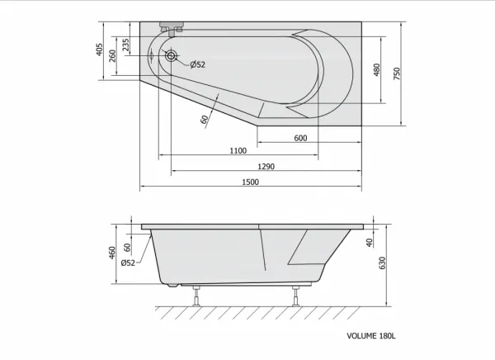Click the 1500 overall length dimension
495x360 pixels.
[250, 182]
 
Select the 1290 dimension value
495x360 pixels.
[266, 167]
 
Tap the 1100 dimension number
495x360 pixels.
[238, 151]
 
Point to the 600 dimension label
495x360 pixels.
[300, 138]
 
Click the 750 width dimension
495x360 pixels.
[397, 73]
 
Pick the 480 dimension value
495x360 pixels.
[377, 70]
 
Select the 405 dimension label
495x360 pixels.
[100, 50]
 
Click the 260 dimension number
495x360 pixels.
[112, 56]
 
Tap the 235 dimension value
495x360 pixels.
[125, 45]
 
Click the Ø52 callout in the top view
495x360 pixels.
[198, 64]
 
